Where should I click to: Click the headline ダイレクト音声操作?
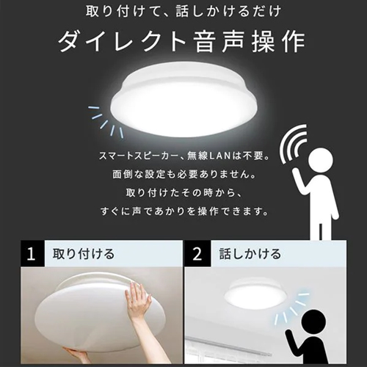click(182, 41)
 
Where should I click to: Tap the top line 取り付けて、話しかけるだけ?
click(183, 12)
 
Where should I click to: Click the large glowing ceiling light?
click(185, 99)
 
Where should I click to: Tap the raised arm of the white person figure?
click(300, 181)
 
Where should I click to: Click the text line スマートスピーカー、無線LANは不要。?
click(183, 156)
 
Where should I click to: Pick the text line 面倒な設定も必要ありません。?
click(184, 174)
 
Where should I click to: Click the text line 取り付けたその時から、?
click(184, 193)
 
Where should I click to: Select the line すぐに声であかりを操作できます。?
click(184, 211)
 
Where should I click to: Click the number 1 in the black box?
click(31, 254)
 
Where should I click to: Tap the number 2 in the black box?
click(197, 254)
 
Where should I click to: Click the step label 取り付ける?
click(84, 254)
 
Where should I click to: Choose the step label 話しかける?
click(250, 254)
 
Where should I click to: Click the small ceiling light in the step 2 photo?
click(247, 292)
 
